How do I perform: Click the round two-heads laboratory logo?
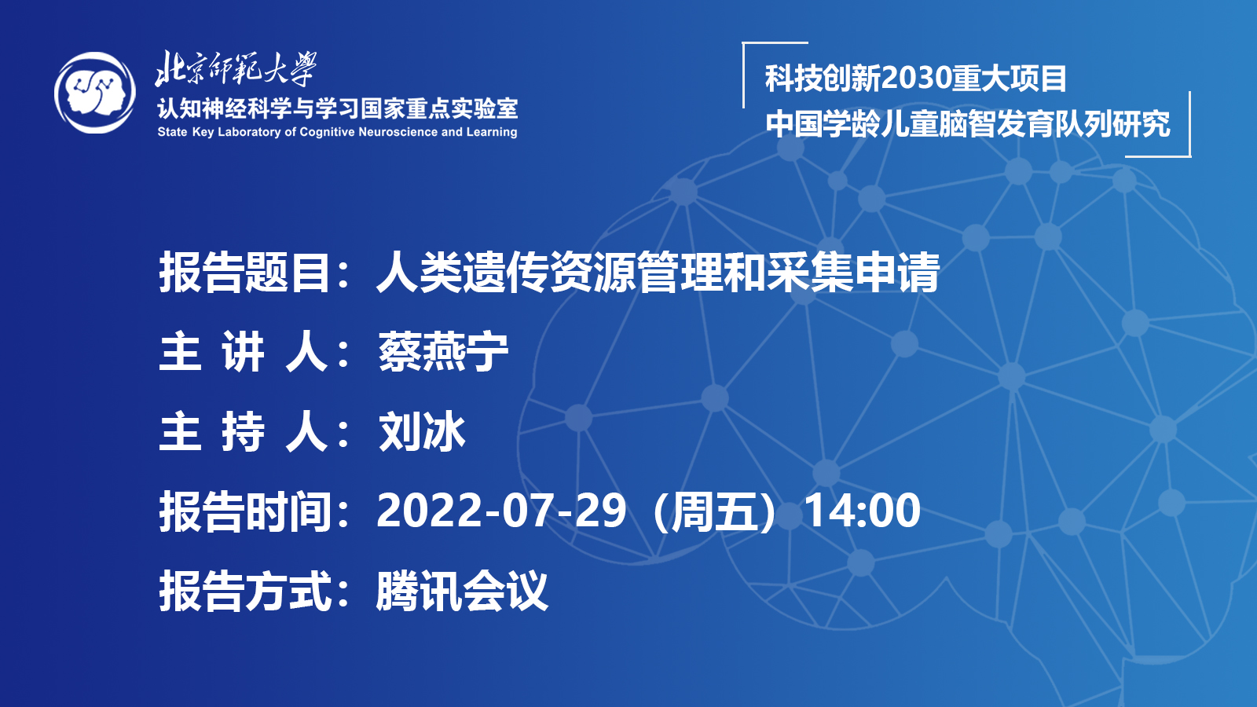coord(95,93)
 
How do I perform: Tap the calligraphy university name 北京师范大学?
coord(236,69)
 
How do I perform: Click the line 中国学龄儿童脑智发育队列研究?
coord(968,123)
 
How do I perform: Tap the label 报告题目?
coord(244,272)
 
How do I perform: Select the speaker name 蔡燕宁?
coord(443,352)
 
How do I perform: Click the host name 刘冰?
coord(422,431)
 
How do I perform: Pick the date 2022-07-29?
coord(501,511)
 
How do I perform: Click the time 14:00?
coord(863,511)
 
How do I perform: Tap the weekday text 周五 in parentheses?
coord(715,511)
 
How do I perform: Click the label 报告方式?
coord(244,591)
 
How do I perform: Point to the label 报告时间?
coord(244,511)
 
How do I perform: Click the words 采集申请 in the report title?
coord(853,272)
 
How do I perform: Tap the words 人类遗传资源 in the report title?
coord(506,272)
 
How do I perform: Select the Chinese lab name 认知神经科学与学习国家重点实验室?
coord(337,108)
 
